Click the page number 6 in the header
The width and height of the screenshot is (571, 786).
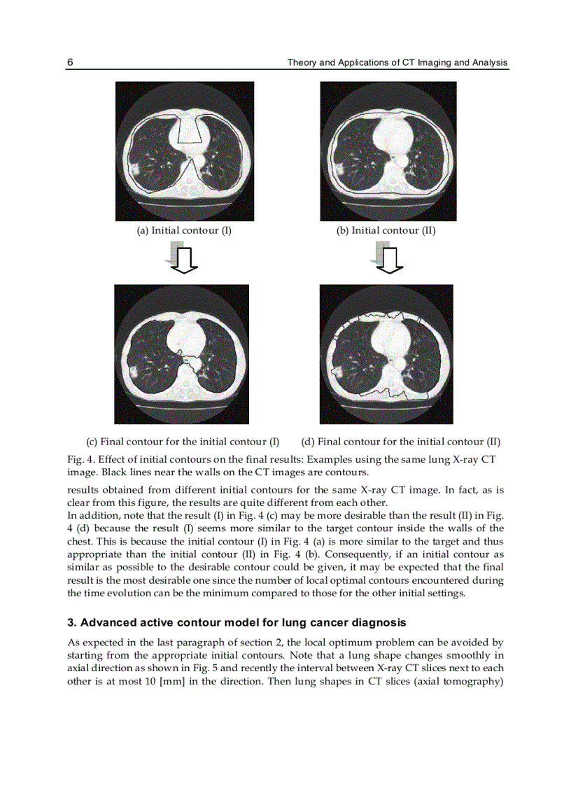(x=70, y=63)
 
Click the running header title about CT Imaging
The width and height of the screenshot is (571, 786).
(x=397, y=63)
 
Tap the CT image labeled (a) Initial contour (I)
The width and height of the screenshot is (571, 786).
(x=184, y=151)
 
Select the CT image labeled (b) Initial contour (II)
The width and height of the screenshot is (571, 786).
(x=388, y=151)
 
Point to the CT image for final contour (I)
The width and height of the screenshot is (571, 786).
(x=181, y=353)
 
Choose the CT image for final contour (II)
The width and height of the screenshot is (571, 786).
(x=386, y=353)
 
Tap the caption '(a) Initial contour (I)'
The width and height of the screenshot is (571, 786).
(x=183, y=230)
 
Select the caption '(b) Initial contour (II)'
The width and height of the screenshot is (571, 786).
(x=386, y=230)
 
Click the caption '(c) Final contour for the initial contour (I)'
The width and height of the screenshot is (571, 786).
(x=183, y=442)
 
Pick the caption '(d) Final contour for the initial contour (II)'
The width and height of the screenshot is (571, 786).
(x=400, y=442)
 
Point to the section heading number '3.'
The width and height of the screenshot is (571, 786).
(x=71, y=622)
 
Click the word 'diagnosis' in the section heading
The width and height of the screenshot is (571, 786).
(x=380, y=622)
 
